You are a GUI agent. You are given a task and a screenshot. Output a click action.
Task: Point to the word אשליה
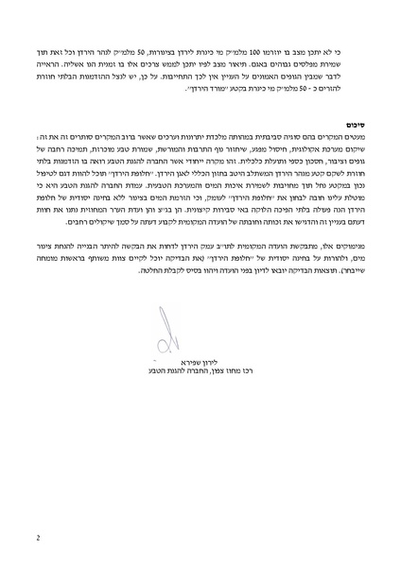click(x=76, y=59)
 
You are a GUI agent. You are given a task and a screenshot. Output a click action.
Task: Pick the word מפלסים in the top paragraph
click(x=301, y=59)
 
